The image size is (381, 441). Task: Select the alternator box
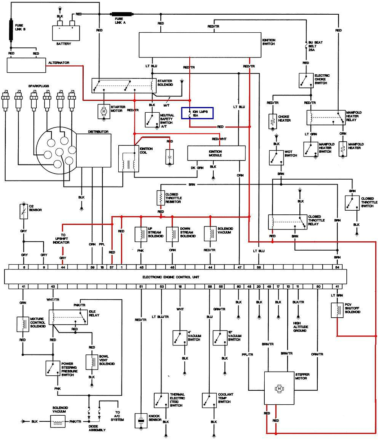point(26,65)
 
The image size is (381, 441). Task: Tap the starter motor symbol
point(104,110)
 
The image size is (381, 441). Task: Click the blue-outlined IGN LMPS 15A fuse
point(197,113)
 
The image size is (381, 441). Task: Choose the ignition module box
point(216,153)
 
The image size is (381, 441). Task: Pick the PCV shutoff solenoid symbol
point(337,309)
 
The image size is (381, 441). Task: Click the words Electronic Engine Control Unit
point(171,277)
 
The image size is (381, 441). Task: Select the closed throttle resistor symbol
point(160,198)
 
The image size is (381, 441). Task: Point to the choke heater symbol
point(272,121)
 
